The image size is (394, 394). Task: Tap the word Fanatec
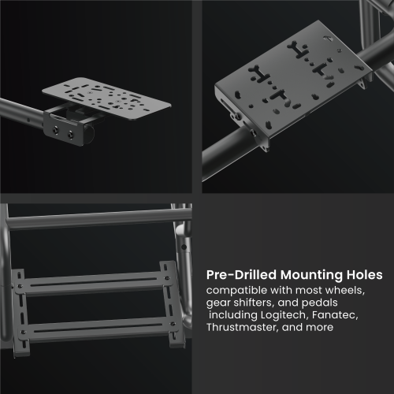pyautogui.click(x=335, y=314)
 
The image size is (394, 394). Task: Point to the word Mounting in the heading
pyautogui.click(x=311, y=275)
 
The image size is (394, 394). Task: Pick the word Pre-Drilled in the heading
pyautogui.click(x=241, y=275)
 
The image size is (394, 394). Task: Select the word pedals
pyautogui.click(x=319, y=303)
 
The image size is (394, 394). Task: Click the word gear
pyautogui.click(x=218, y=303)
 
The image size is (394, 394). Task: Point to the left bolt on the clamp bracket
pyautogui.click(x=56, y=130)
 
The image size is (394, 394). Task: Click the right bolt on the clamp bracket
pyautogui.click(x=71, y=136)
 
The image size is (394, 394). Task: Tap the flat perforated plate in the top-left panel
pyautogui.click(x=106, y=98)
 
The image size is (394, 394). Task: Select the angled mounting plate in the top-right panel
pyautogui.click(x=293, y=79)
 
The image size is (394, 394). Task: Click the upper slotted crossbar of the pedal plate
pyautogui.click(x=93, y=282)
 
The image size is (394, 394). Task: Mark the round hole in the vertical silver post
pyautogui.click(x=184, y=247)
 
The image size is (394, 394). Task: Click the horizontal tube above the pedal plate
pyautogui.click(x=98, y=219)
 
